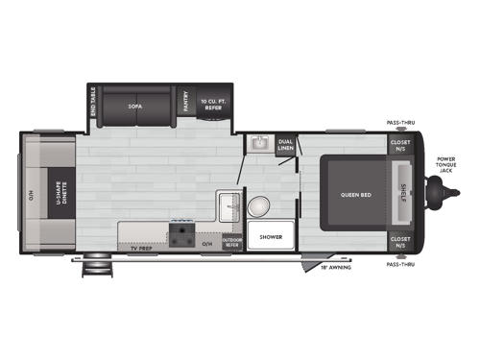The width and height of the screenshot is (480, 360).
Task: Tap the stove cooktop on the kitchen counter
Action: [x=181, y=233]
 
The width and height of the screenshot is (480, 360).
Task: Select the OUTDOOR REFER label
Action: [x=230, y=243]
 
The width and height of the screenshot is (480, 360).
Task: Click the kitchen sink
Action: [x=229, y=204]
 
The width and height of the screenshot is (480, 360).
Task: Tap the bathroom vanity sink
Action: [x=257, y=143]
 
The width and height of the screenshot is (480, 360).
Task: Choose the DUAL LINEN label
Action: [x=285, y=145]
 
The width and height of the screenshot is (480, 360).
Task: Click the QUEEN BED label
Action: [x=355, y=195]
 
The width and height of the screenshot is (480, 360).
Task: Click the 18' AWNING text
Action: [x=335, y=267]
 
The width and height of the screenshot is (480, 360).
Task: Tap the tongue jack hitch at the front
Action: [x=440, y=195]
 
